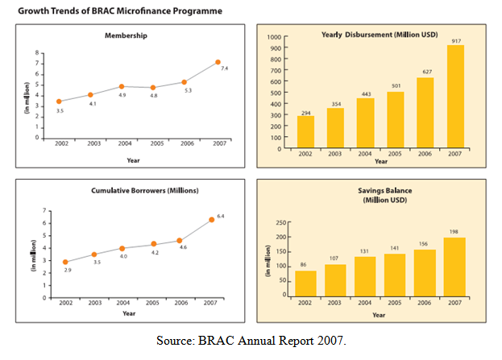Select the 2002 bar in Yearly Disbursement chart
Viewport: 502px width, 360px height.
click(305, 132)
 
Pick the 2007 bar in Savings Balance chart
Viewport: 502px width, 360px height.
click(454, 267)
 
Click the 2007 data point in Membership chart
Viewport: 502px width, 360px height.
click(218, 62)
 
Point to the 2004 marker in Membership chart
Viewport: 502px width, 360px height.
click(122, 86)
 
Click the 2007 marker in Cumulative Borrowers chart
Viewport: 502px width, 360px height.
click(212, 219)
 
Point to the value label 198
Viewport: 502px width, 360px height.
click(454, 232)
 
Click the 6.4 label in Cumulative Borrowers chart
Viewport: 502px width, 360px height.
click(222, 216)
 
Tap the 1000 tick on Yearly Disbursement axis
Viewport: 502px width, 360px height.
click(275, 38)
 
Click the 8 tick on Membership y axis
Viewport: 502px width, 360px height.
click(37, 52)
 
